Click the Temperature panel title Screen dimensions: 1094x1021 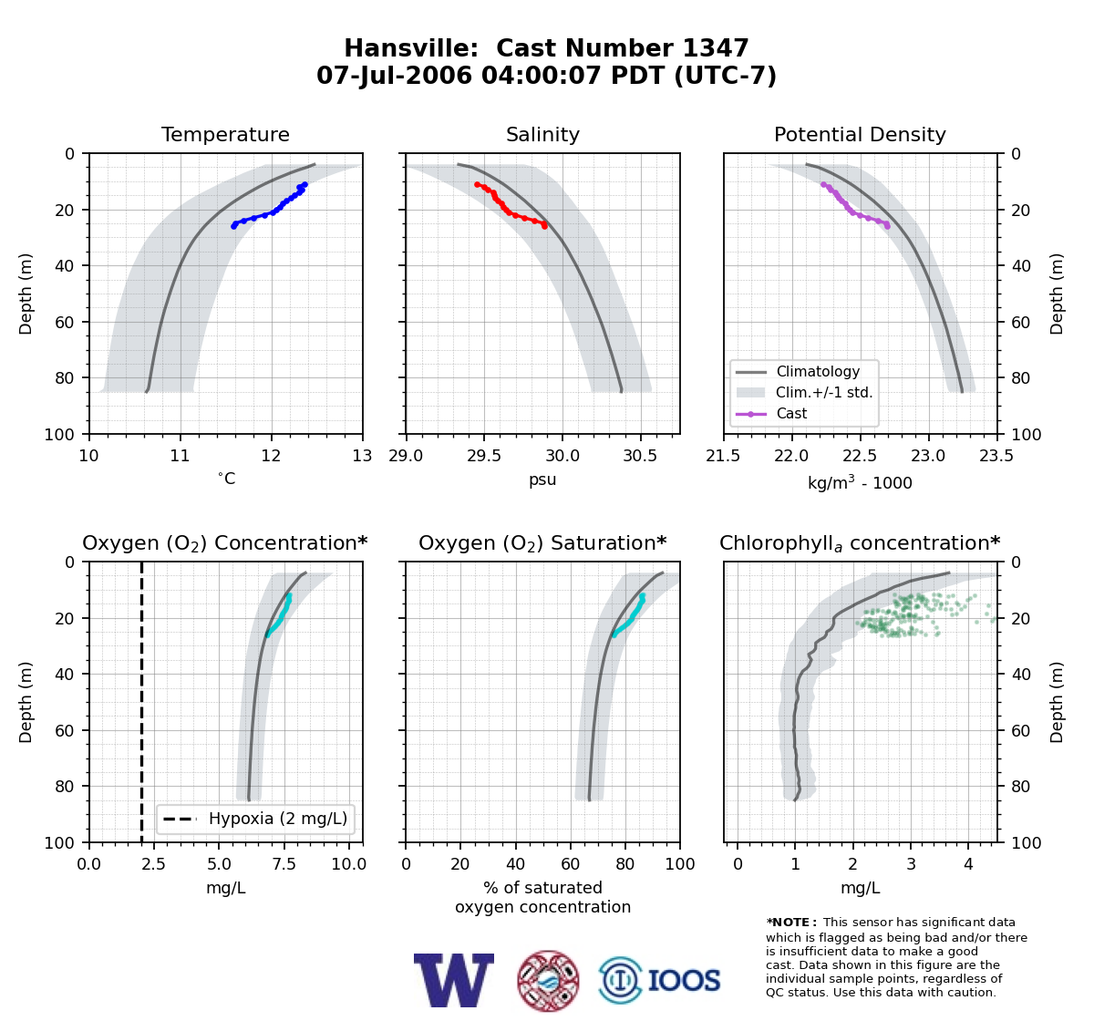coord(225,134)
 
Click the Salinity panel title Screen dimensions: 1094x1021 coord(542,134)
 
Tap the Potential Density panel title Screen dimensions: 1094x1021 coord(860,134)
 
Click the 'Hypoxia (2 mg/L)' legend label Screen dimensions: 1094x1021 coord(278,819)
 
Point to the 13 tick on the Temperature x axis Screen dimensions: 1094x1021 coord(362,456)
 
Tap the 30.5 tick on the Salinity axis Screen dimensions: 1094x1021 coord(641,456)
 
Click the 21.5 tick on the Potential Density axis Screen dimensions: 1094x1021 coord(723,456)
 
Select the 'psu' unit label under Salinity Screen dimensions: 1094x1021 coord(542,480)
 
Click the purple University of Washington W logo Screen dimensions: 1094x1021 coord(454,980)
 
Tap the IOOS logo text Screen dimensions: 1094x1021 coord(685,981)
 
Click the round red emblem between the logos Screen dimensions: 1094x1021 coord(548,981)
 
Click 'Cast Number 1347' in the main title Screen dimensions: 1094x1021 coord(623,48)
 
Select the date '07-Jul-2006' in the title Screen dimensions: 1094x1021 coord(395,76)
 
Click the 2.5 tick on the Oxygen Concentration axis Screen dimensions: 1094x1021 coord(153,864)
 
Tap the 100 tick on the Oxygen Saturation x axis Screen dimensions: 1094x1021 coord(680,864)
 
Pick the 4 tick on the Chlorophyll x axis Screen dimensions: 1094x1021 coord(968,864)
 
